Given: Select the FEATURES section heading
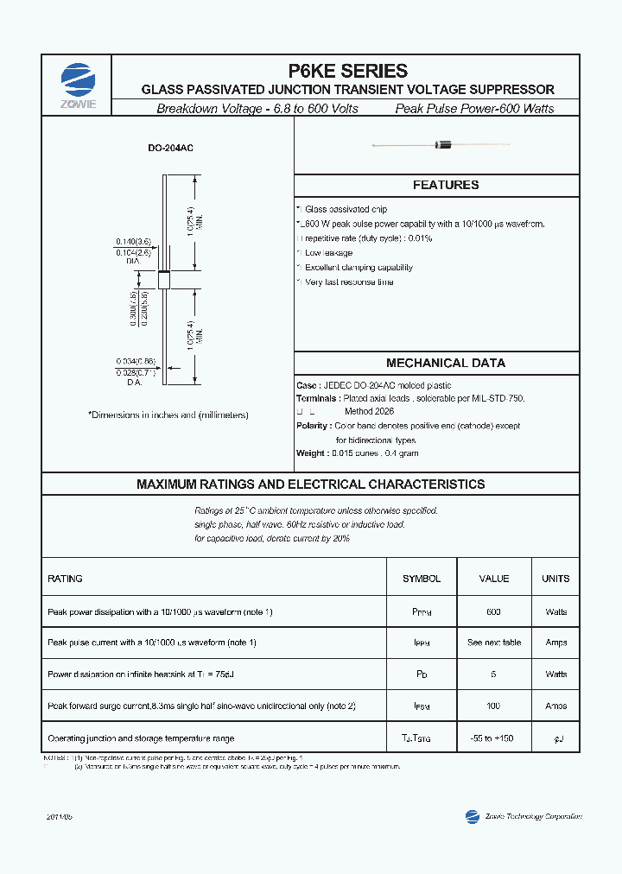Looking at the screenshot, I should coord(445,185).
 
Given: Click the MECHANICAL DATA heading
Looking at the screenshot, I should coord(445,363).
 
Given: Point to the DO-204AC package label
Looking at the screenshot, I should coord(171,149).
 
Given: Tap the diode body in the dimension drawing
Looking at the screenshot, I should coord(163,279).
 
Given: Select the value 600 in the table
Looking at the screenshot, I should coord(493,611).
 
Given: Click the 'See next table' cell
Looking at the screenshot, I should coord(493,643).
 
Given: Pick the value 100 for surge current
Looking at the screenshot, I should coord(493,706).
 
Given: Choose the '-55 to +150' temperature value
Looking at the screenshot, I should coord(493,738).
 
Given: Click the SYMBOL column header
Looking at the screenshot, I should coord(422,579).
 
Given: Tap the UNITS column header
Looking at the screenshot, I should coord(556,579).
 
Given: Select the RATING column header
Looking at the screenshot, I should coord(66,579).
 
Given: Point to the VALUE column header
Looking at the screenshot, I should coord(493,579).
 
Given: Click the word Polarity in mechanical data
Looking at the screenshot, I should coord(313,426).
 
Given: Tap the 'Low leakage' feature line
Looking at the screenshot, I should coord(328,253).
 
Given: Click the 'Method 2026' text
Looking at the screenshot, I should coord(369,412).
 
